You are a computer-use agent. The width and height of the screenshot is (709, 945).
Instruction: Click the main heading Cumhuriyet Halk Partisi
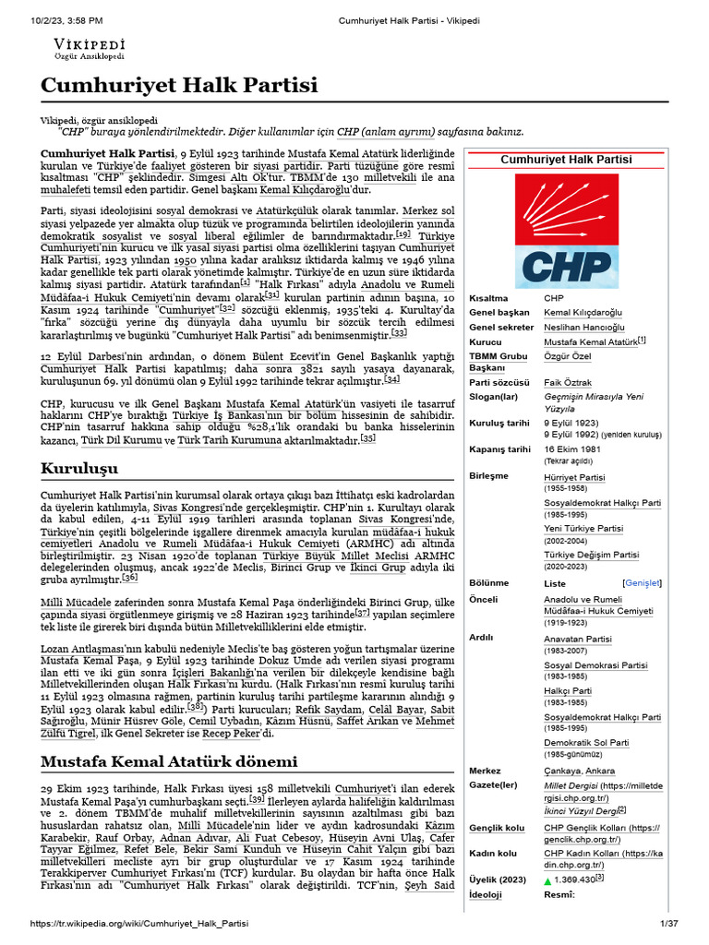pyautogui.click(x=178, y=87)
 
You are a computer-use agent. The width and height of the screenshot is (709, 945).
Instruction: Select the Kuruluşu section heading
pyautogui.click(x=80, y=469)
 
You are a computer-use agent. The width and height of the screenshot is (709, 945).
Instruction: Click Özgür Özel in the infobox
pyautogui.click(x=565, y=355)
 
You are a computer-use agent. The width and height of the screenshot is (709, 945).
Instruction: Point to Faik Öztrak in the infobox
pyautogui.click(x=568, y=382)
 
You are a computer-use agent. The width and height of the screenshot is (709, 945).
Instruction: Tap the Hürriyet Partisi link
pyautogui.click(x=574, y=477)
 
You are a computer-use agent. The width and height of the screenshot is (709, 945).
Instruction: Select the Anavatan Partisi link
pyautogui.click(x=578, y=638)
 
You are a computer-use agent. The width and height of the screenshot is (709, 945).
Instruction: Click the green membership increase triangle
pyautogui.click(x=548, y=880)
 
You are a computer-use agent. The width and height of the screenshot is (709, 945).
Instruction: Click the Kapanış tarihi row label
pyautogui.click(x=499, y=449)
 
